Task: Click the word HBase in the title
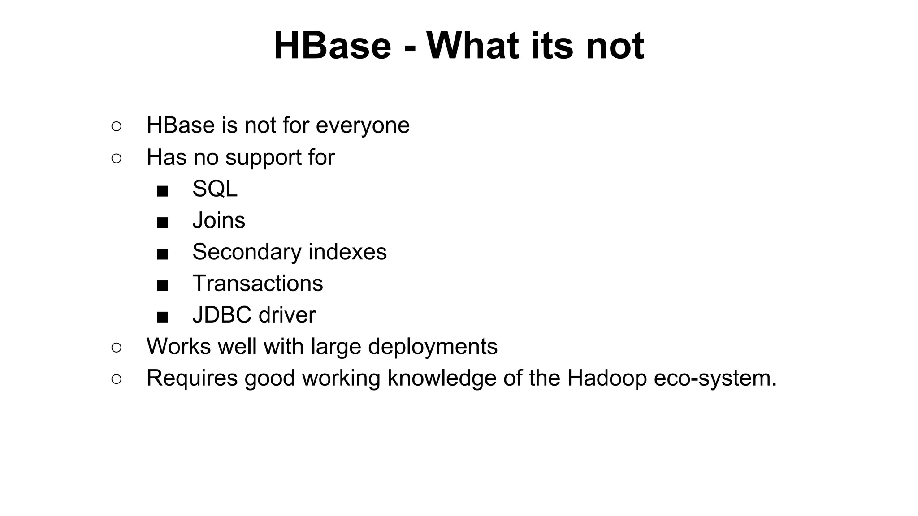[x=332, y=46]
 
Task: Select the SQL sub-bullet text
[x=215, y=189]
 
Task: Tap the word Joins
[x=219, y=220]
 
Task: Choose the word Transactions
[x=257, y=284]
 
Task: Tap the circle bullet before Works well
[x=116, y=348]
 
